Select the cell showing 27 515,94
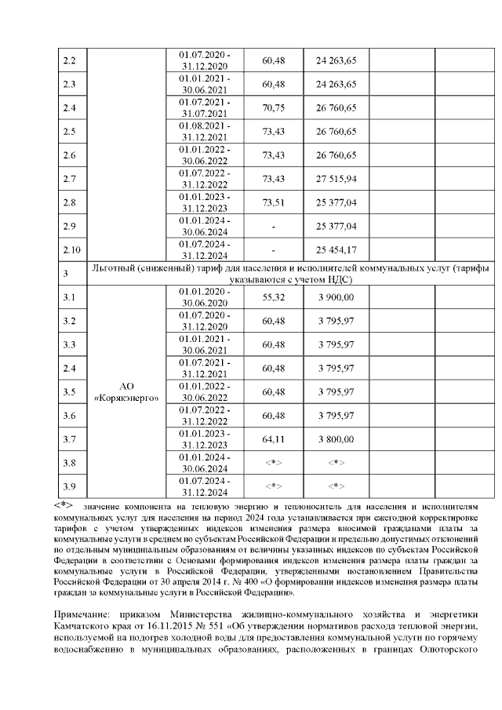pyautogui.click(x=336, y=179)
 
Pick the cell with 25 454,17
pyautogui.click(x=336, y=249)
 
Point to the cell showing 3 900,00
pyautogui.click(x=336, y=297)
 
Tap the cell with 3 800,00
pyautogui.click(x=336, y=439)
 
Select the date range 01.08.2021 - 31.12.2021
pyautogui.click(x=204, y=131)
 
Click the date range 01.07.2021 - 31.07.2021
pyautogui.click(x=204, y=107)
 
